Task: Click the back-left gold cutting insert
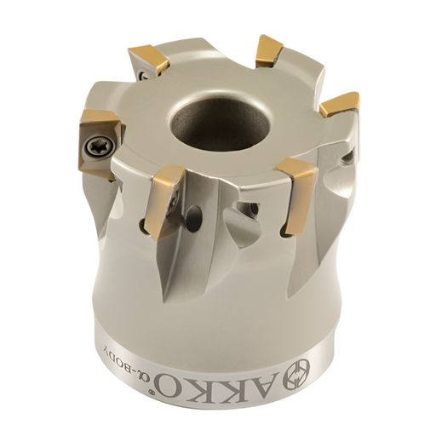[x=148, y=62]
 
